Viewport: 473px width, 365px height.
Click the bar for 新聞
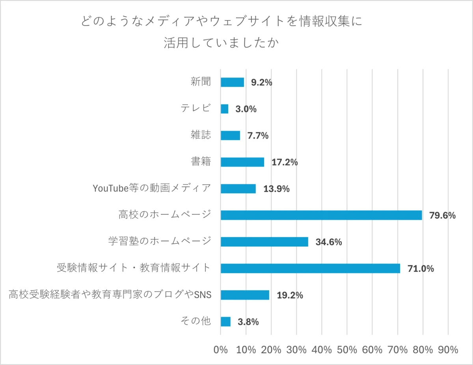[x=232, y=82]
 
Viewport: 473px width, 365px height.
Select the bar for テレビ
[x=224, y=109]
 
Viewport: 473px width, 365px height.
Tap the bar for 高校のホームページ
[x=321, y=215]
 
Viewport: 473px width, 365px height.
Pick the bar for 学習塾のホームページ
[x=264, y=242]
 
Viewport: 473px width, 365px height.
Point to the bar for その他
[x=225, y=322]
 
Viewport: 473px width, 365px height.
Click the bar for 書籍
[x=242, y=162]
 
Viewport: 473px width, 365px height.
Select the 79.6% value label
[x=442, y=215]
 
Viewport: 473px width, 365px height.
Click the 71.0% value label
[x=421, y=269]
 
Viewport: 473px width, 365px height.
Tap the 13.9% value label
[x=276, y=189]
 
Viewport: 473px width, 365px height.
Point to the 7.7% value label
[x=258, y=136]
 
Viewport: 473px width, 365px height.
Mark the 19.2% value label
[x=290, y=295]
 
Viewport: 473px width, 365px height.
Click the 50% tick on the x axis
[x=347, y=350]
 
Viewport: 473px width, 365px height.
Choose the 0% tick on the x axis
[x=220, y=350]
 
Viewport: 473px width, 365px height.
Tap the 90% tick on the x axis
[x=448, y=350]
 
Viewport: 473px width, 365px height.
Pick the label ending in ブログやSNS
[x=110, y=295]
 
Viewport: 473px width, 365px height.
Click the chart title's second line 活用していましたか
[x=221, y=43]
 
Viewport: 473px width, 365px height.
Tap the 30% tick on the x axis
[x=296, y=350]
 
